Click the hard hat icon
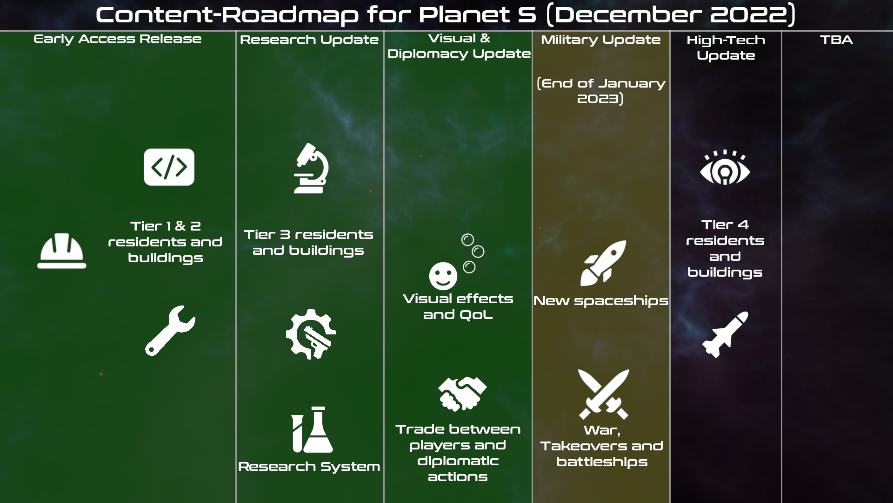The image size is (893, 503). [62, 251]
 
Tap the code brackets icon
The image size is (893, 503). [169, 167]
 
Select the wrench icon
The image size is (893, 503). [170, 331]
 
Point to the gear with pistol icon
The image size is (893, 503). [311, 334]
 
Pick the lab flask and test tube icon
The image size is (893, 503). [312, 429]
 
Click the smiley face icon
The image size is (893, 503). [443, 276]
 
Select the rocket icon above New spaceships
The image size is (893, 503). [603, 263]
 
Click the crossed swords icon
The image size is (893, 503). [604, 394]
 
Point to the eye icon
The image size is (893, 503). [725, 167]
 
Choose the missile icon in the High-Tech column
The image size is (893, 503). [725, 334]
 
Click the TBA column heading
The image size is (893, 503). [836, 40]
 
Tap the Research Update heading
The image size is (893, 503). [309, 40]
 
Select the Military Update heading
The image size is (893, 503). [601, 40]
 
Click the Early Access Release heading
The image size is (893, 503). [118, 39]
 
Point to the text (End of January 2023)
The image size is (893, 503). [601, 91]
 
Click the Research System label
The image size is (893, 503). [309, 467]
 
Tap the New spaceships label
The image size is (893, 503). [601, 301]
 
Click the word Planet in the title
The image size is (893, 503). [464, 14]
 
